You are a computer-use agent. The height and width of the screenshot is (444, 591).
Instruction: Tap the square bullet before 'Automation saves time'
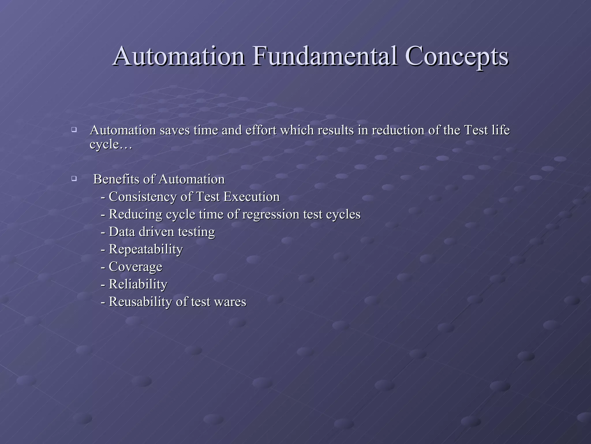(74, 129)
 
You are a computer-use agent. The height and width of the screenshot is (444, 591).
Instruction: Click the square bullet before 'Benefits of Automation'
(74, 178)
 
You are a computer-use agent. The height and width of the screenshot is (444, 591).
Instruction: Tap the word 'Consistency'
(143, 197)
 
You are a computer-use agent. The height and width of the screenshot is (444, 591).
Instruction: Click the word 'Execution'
(251, 197)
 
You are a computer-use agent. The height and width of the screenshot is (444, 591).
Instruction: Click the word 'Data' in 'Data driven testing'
(121, 232)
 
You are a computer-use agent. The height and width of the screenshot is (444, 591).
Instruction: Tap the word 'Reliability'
(138, 284)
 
